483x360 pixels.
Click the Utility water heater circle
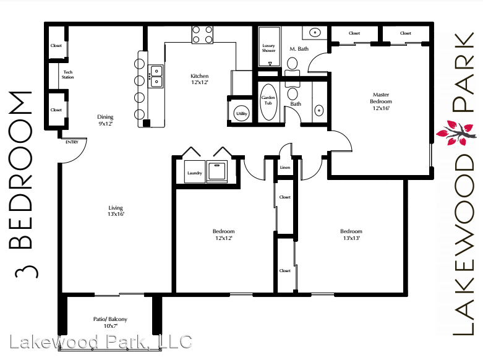(x=241, y=114)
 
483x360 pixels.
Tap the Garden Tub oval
(x=268, y=102)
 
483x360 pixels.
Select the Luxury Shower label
(x=268, y=48)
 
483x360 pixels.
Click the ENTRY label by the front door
(x=72, y=142)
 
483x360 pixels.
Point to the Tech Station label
(x=68, y=75)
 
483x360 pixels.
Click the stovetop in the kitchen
(x=202, y=35)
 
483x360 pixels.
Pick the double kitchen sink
(x=156, y=77)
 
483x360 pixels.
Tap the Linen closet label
(x=285, y=168)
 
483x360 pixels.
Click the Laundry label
(x=195, y=173)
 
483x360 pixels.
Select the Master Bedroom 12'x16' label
(x=381, y=101)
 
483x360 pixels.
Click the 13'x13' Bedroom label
(x=351, y=234)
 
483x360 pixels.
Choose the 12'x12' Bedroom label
(x=224, y=234)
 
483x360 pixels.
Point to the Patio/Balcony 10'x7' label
(x=110, y=322)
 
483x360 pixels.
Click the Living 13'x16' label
(x=116, y=211)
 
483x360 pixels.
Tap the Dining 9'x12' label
(x=105, y=120)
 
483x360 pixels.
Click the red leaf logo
(x=456, y=133)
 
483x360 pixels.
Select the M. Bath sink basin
(x=315, y=32)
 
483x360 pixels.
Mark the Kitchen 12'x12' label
(x=200, y=79)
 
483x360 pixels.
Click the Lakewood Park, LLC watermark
(x=101, y=342)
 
